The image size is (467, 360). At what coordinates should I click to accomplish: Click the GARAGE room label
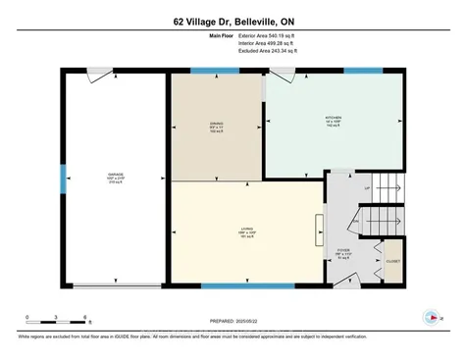(x=116, y=177)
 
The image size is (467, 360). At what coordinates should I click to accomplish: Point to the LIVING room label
(x=247, y=232)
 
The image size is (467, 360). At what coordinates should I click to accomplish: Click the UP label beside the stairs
(x=367, y=187)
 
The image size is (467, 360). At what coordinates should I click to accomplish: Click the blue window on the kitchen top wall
(x=362, y=71)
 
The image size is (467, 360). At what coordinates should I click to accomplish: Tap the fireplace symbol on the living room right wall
(x=317, y=231)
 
